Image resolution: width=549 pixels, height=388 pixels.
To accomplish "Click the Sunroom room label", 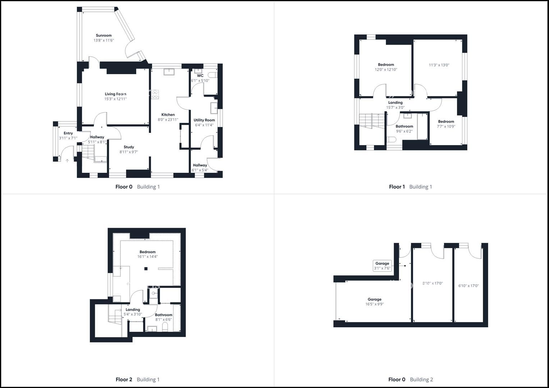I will point(104,36).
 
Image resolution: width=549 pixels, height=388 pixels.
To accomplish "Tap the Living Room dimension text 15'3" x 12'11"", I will point(115,99).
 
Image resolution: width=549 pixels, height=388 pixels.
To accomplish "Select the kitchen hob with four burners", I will point(155,94).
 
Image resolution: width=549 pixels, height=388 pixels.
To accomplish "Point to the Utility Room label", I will point(204,120).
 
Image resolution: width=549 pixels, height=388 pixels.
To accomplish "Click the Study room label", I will point(129,147).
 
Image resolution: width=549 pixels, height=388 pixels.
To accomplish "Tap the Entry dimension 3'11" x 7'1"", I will point(68,138).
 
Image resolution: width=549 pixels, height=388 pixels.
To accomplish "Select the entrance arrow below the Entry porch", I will point(67,161).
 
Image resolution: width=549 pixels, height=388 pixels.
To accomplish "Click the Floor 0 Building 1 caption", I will point(137,187).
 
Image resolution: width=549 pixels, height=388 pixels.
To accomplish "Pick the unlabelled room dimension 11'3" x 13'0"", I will point(439,65).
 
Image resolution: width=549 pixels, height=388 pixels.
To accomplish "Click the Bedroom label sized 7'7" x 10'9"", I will point(446,121).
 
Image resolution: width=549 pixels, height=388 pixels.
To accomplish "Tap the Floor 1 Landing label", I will point(395,102).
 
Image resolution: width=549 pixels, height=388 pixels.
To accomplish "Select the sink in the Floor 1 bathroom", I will point(407,116).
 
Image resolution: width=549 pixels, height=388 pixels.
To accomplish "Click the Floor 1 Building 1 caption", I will point(410,187).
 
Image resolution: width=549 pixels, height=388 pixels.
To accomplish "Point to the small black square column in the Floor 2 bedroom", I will point(146,269).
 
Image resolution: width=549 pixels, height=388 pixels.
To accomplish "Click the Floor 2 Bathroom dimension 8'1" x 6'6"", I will point(164,319).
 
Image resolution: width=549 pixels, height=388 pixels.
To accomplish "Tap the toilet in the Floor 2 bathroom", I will point(165,327).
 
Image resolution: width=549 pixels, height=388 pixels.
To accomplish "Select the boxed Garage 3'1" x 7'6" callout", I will point(382,266).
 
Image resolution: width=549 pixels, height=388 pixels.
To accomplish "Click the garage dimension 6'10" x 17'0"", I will point(468,286).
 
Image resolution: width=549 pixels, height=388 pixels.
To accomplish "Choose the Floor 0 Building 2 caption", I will point(411,379).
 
